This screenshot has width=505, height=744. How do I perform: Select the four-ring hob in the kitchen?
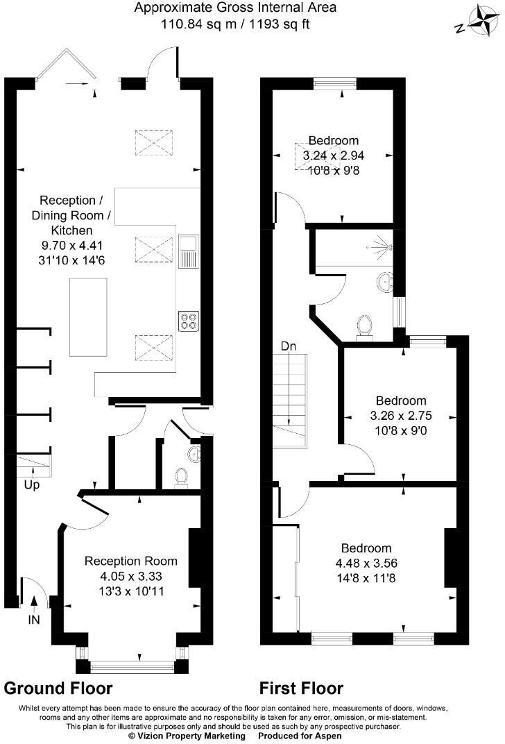187,321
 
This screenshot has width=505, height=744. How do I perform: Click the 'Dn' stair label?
289,345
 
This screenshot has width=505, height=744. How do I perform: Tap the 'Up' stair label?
32,484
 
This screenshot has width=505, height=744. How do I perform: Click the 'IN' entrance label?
33,619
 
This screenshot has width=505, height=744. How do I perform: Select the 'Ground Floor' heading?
58,688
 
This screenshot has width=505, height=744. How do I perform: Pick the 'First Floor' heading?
301,688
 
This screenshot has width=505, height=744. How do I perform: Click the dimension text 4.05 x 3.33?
130,575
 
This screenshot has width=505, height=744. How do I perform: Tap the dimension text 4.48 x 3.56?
366,563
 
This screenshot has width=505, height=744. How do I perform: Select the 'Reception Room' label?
130,561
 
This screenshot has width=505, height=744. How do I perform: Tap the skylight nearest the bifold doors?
154,144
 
